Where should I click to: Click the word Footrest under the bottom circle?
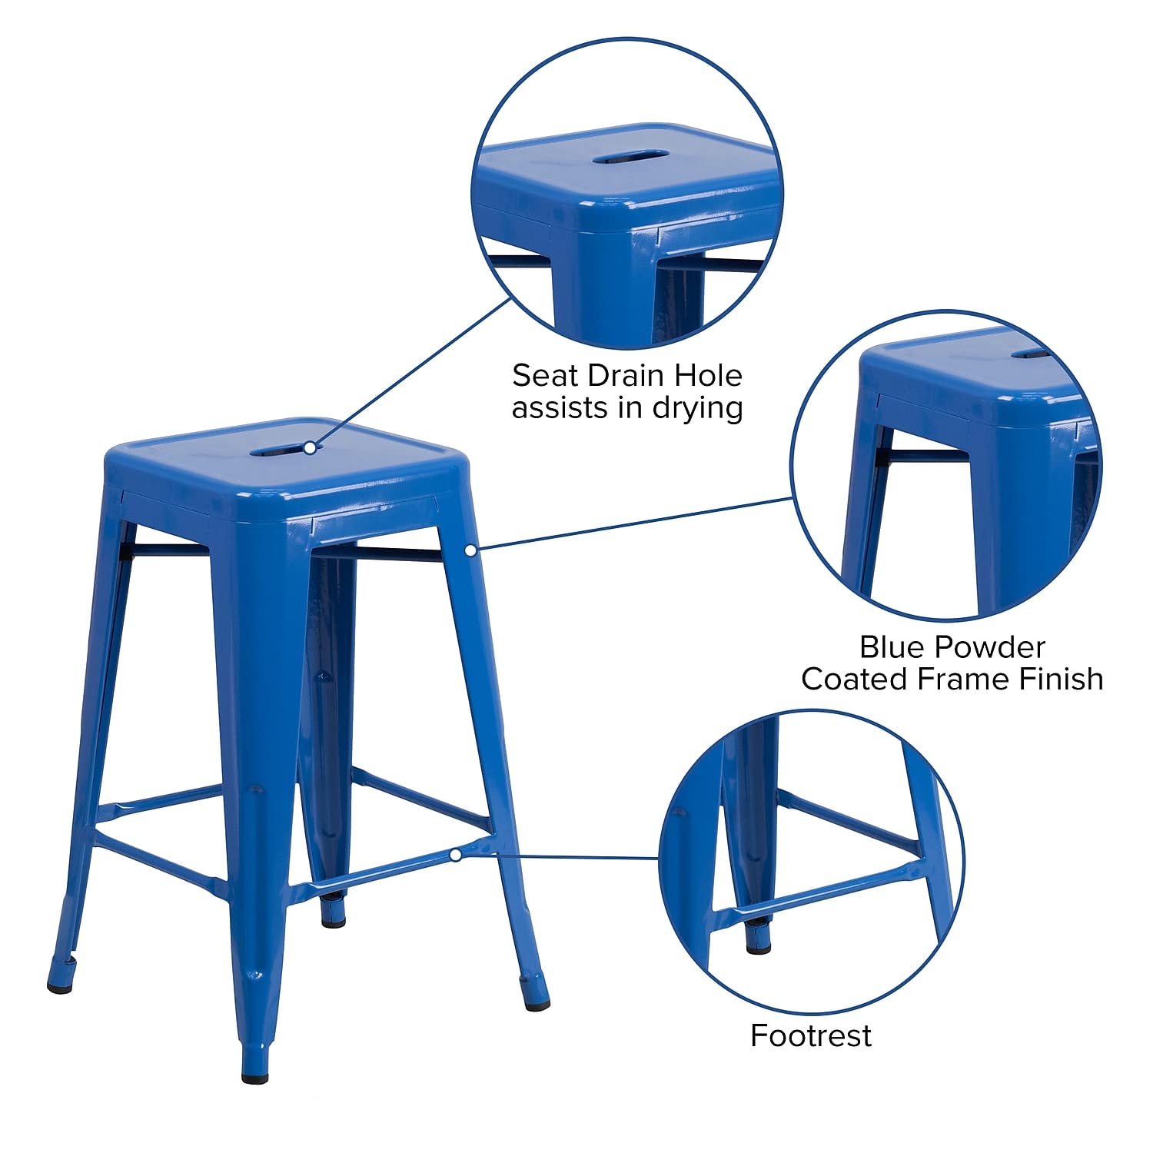point(811,1036)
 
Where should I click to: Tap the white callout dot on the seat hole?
point(309,447)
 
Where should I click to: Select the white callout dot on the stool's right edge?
point(470,549)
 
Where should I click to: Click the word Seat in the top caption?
point(543,376)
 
